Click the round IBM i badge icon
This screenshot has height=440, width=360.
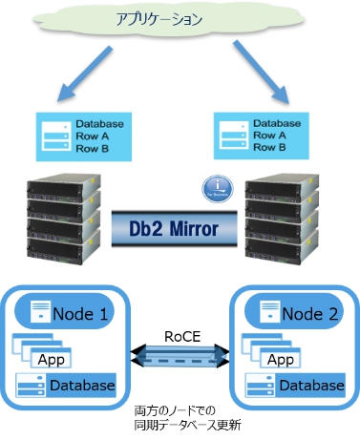pos(218,186)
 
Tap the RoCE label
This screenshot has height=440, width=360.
pos(180,336)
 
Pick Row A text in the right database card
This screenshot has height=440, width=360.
pos(270,136)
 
